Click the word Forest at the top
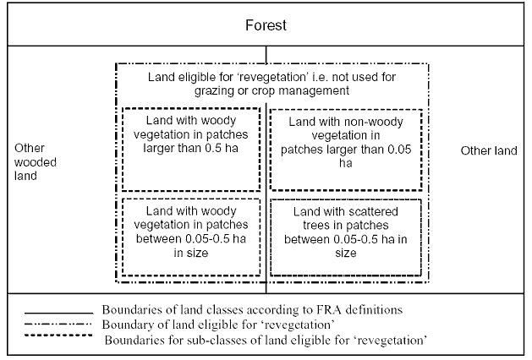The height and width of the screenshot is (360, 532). click(266, 25)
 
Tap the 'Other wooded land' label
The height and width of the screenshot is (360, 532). click(33, 162)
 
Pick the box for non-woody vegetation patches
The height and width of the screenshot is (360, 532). click(344, 149)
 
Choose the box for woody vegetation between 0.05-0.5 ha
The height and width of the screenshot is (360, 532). click(190, 237)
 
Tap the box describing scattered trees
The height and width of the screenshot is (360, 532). click(344, 237)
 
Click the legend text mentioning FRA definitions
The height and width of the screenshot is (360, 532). click(250, 308)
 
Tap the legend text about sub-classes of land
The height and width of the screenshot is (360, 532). click(263, 339)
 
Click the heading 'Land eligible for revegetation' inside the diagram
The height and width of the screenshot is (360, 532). click(266, 79)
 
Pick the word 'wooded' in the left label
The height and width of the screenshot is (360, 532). click(33, 162)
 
